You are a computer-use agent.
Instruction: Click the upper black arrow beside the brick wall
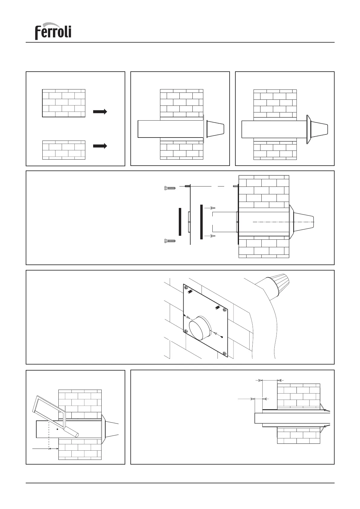pyautogui.click(x=100, y=112)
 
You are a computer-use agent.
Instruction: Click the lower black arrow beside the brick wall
pyautogui.click(x=100, y=146)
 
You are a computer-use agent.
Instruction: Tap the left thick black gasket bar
pyautogui.click(x=180, y=222)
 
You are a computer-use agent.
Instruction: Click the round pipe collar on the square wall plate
pyautogui.click(x=200, y=328)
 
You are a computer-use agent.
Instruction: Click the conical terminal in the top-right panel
pyautogui.click(x=319, y=129)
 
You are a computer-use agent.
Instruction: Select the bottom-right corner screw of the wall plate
pyautogui.click(x=224, y=353)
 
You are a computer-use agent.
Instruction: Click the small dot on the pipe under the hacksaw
pyautogui.click(x=57, y=429)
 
